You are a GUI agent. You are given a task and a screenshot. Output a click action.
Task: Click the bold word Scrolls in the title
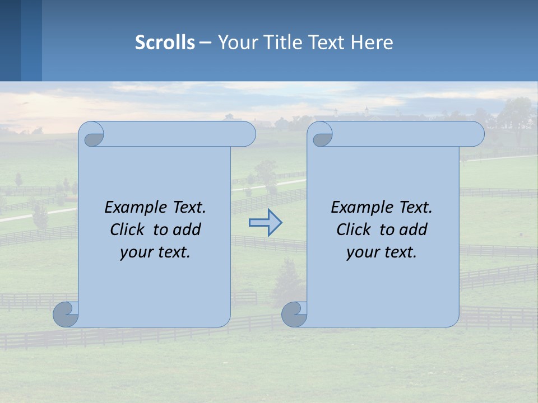[x=165, y=42]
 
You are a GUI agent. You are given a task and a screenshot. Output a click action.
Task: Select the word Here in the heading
[x=372, y=42]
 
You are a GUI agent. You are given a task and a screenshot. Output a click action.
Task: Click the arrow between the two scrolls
[x=265, y=223]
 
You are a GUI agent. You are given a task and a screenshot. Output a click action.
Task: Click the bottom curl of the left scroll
[x=66, y=314]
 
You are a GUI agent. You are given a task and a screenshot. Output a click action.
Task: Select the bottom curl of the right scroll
[x=294, y=314]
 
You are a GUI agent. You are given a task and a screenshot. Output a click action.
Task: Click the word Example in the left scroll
[x=132, y=208]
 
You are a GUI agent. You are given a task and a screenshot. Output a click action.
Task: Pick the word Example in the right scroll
[x=359, y=208]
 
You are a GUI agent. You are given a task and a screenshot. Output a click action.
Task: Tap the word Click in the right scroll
[x=354, y=229]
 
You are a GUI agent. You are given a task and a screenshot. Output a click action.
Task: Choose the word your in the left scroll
[x=135, y=252]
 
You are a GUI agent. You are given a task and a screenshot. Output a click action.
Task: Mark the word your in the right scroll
[x=361, y=252]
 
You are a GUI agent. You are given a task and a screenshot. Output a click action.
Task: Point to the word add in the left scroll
[x=188, y=229]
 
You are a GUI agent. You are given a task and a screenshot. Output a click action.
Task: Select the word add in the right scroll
[x=414, y=229]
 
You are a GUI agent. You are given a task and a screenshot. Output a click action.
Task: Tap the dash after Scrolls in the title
[x=205, y=42]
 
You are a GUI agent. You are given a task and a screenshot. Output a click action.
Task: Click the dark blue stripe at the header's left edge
[x=11, y=40]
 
